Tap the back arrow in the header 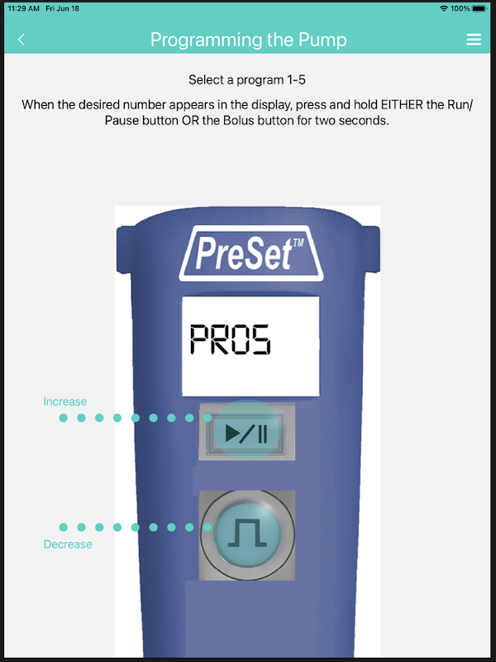(21, 40)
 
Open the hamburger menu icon (474, 39)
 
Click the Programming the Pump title (249, 40)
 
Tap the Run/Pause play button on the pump (246, 432)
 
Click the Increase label (65, 401)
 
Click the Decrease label (68, 544)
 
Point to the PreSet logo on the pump (251, 253)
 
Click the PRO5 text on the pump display (230, 339)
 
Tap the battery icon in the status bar (479, 8)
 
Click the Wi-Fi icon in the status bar (443, 8)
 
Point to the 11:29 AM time (24, 8)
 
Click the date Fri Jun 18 (63, 8)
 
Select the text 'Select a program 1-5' (247, 79)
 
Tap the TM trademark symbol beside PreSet (298, 242)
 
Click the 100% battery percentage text (460, 8)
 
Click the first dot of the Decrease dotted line (64, 527)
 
